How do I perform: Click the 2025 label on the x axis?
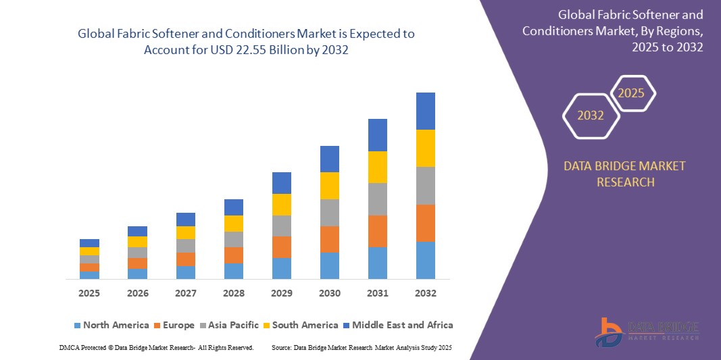coord(89,293)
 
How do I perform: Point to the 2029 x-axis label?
coord(281,293)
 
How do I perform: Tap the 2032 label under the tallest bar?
coord(425,293)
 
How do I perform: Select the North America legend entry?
coord(111,325)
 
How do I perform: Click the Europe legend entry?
coord(174,325)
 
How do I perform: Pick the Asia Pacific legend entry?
coord(228,325)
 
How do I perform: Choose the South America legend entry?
coord(299,325)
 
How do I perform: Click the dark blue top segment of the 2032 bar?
coord(425,111)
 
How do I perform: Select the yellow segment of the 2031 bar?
coord(377,167)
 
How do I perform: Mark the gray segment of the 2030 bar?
coord(329,212)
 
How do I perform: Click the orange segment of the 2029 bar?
coord(281,247)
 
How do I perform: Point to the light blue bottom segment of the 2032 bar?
coord(425,260)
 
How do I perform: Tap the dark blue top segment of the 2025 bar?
coord(89,242)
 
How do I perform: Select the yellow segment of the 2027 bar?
coord(185,232)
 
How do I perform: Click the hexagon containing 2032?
coord(591,115)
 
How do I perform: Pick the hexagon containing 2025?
coord(632,93)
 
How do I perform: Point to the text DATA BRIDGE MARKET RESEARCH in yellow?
coord(624,174)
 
